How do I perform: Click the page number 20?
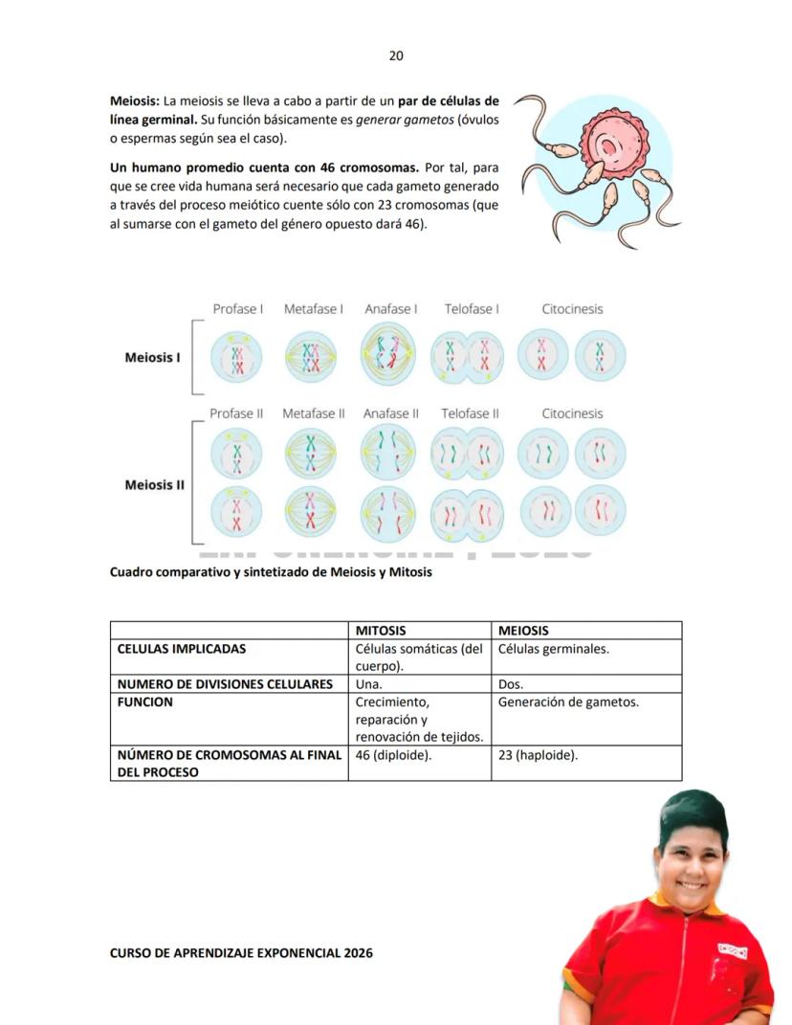396,56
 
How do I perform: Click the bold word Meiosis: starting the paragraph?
135,100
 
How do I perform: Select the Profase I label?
237,309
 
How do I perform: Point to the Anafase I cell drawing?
388,356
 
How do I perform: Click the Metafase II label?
314,413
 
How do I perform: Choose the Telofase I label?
472,309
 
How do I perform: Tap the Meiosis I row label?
152,358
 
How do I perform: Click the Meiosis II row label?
154,484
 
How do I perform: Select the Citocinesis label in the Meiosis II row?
572,413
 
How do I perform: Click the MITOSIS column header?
381,631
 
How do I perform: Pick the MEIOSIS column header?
524,631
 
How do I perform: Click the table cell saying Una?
368,684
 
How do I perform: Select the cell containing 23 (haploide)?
539,755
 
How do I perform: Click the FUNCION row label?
145,702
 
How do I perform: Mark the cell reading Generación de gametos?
568,702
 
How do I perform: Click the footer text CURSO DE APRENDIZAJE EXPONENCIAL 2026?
241,953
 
